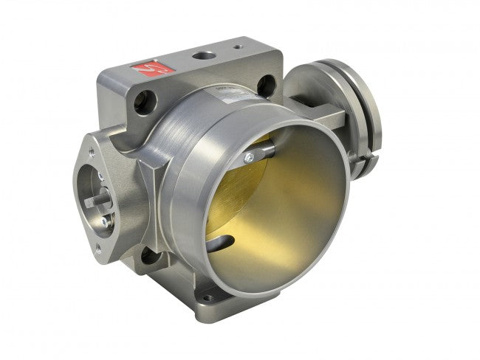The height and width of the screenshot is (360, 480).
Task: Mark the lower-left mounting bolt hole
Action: pos(151,255)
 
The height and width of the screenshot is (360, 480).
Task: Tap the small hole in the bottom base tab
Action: pos(210,299)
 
